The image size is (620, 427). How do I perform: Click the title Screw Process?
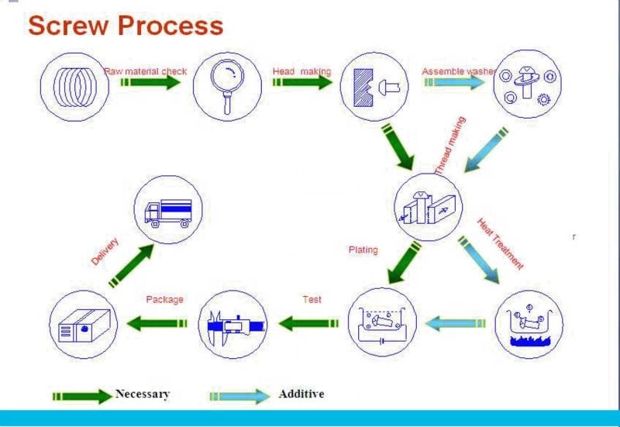126,26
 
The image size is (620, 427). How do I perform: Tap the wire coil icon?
75,87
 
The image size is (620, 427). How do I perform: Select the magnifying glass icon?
228,87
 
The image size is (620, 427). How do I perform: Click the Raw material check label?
145,71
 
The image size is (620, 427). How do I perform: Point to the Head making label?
301,71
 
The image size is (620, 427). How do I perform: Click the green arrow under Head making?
302,82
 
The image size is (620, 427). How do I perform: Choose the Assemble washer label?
459,71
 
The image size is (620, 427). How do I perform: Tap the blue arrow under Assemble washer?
454,82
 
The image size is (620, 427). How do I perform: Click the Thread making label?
450,146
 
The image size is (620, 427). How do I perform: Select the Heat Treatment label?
501,244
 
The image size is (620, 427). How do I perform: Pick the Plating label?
363,250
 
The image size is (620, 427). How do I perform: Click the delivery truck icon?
168,213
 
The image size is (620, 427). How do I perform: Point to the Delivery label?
105,251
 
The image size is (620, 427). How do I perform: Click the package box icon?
84,325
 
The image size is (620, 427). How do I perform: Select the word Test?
312,300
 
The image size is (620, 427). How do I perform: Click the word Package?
164,300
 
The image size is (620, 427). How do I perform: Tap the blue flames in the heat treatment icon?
529,341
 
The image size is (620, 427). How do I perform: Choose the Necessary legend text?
143,394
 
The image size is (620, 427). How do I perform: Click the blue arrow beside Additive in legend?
240,396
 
